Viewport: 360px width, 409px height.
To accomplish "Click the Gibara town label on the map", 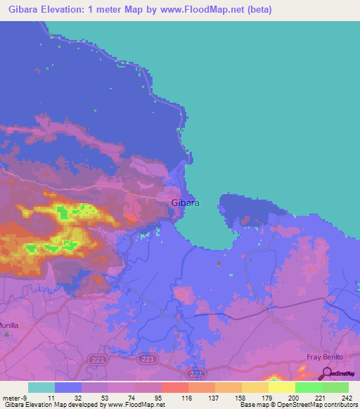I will tap(186, 203).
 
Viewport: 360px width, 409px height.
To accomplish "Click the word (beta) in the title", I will tap(257, 10).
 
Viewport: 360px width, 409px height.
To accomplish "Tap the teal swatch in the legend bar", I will tap(41, 387).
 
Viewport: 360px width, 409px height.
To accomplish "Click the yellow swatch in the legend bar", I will tap(282, 387).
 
